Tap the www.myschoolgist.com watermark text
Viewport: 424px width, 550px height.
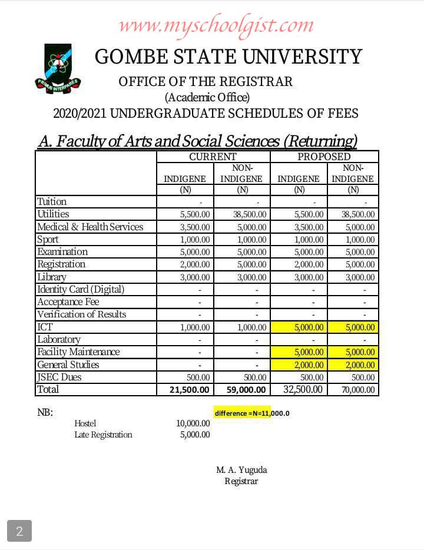216,25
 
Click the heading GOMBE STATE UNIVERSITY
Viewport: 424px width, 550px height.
228,57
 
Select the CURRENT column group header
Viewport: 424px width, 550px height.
213,157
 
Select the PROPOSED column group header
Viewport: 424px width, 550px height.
324,157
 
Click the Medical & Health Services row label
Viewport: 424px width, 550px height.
90,227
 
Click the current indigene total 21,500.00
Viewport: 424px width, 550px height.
187,390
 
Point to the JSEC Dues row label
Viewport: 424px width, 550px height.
59,377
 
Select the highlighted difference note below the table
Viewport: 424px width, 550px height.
251,413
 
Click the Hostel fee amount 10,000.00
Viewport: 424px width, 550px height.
193,423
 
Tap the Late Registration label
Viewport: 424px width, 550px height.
103,435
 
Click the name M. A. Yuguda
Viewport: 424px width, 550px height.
241,470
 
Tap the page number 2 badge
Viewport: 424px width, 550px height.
19,531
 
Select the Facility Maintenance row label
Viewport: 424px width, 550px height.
78,352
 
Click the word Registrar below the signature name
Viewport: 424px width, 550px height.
241,481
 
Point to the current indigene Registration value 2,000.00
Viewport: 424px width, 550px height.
194,264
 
